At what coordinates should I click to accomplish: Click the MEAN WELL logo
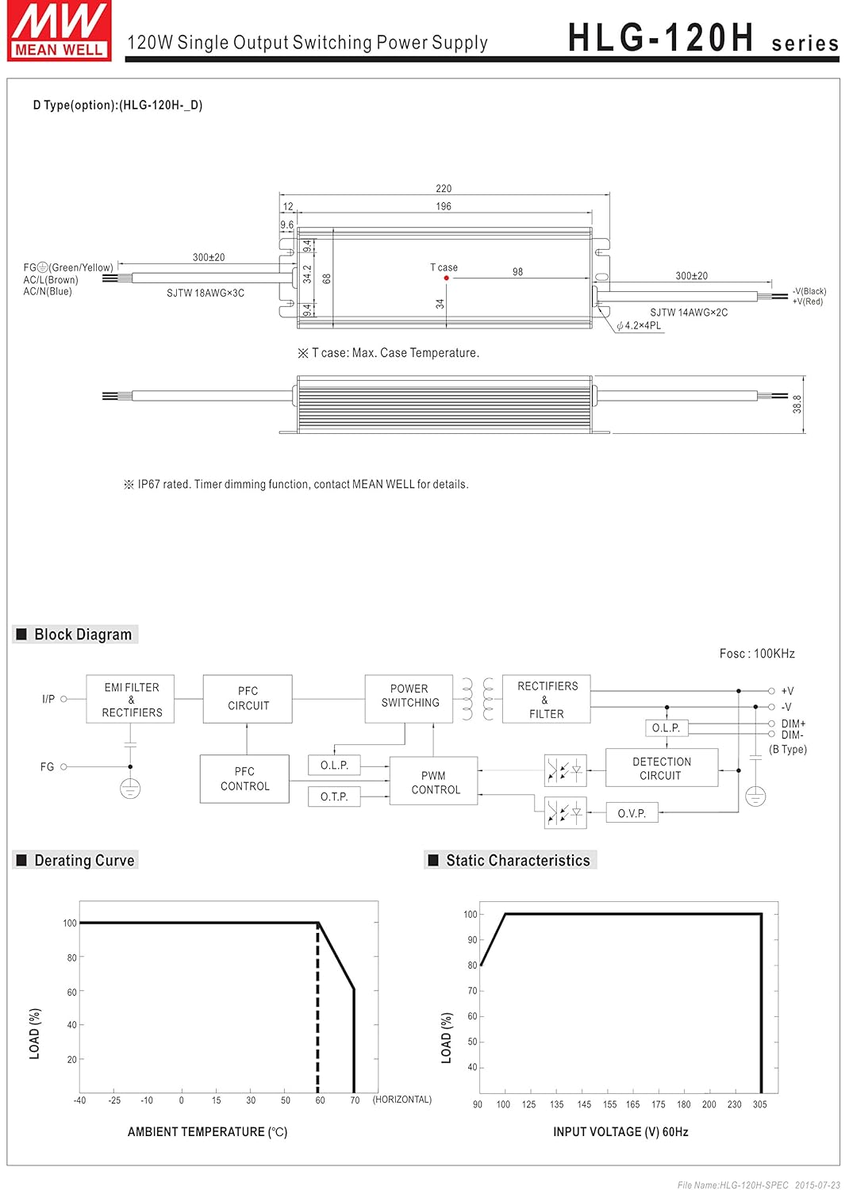[60, 30]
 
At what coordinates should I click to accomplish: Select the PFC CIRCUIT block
[248, 698]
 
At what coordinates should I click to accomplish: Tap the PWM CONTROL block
[434, 782]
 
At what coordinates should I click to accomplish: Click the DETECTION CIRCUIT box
[661, 768]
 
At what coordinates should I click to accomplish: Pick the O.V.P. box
[632, 813]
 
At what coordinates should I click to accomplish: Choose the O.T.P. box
[334, 797]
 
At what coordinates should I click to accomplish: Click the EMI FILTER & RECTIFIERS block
[131, 700]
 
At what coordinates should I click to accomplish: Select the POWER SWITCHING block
[409, 696]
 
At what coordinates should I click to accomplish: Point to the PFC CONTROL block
[244, 779]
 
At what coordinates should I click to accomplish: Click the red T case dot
[447, 278]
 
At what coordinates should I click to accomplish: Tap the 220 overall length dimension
[444, 189]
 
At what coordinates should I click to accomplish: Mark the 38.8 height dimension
[797, 404]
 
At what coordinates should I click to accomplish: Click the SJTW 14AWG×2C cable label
[689, 313]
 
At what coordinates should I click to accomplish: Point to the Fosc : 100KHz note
[757, 654]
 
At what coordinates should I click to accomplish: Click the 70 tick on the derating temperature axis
[355, 1100]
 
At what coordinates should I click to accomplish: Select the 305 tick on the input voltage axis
[759, 1104]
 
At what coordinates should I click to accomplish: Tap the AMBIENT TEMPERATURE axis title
[207, 1132]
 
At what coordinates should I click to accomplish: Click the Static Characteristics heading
[517, 861]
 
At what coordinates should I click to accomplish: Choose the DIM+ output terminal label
[793, 724]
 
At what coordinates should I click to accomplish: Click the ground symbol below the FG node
[130, 789]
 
